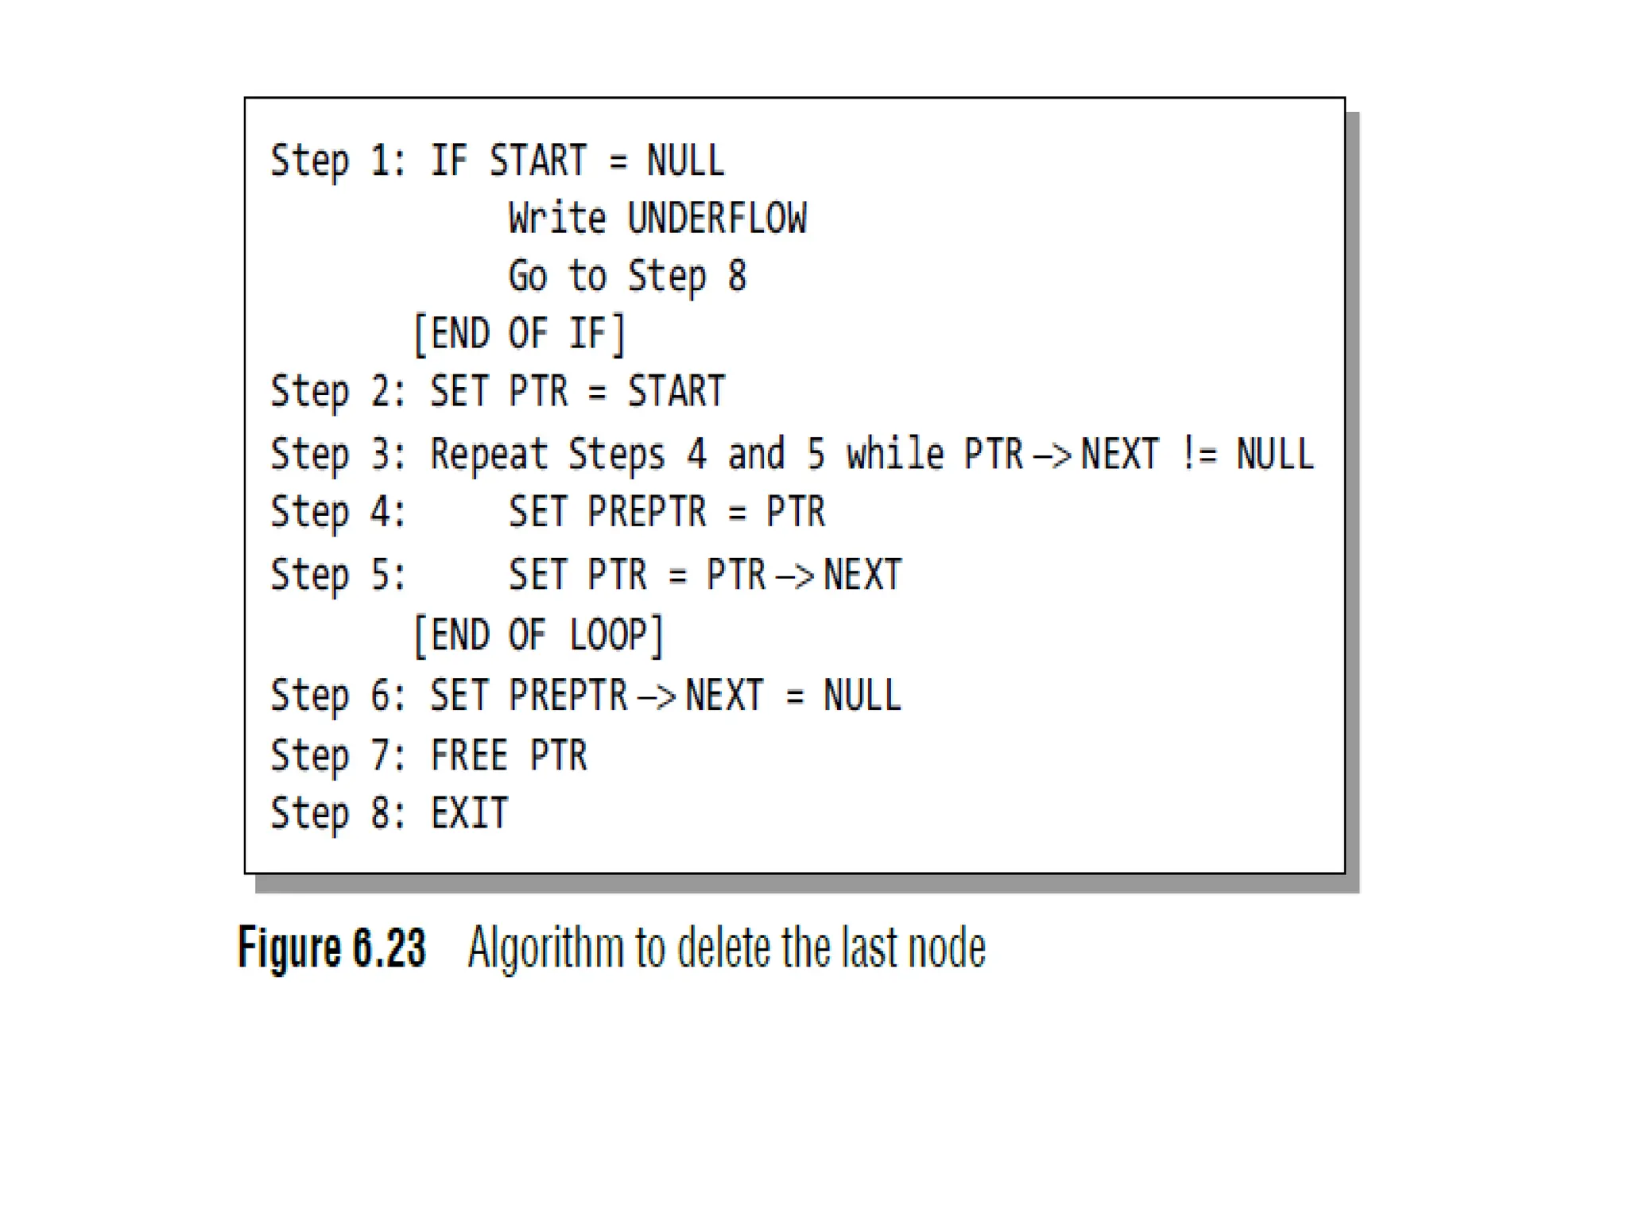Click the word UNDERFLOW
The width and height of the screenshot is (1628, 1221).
click(x=716, y=219)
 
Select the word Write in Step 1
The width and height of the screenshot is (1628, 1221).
click(x=556, y=219)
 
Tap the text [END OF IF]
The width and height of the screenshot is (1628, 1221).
click(x=520, y=334)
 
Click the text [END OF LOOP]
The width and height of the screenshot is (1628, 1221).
click(x=538, y=635)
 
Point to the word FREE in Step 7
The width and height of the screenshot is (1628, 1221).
click(x=469, y=755)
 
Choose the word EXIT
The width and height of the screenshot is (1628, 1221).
click(x=469, y=813)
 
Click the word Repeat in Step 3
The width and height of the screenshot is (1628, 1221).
click(x=489, y=455)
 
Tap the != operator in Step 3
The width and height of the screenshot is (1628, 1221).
click(x=1199, y=455)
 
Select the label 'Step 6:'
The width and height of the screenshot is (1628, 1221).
click(x=338, y=696)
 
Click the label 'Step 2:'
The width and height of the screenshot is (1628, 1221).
click(x=338, y=392)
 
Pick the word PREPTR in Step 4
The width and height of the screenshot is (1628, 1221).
click(x=646, y=511)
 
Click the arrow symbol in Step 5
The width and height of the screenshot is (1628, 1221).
click(x=794, y=576)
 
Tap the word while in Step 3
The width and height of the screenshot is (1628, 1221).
click(x=895, y=455)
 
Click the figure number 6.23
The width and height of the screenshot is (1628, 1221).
click(x=390, y=948)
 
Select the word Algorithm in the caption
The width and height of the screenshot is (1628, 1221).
click(x=545, y=948)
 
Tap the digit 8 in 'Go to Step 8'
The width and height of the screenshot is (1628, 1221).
click(x=737, y=276)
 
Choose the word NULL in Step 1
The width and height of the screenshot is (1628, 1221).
click(x=685, y=161)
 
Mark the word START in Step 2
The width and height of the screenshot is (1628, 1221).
click(x=676, y=392)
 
